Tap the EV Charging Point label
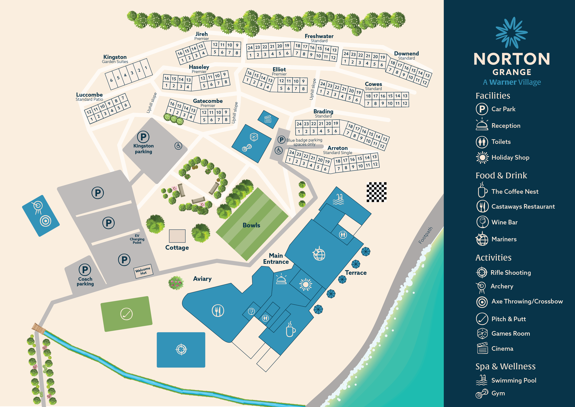[x=137, y=239]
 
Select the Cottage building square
[x=177, y=236]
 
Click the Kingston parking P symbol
[x=143, y=137]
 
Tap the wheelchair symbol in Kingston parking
[x=178, y=146]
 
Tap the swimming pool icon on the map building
[x=338, y=199]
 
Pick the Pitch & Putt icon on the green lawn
[x=127, y=314]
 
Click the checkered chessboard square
[x=376, y=192]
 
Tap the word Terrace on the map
[x=356, y=273]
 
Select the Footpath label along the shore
[x=426, y=235]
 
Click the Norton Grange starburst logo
[x=511, y=33]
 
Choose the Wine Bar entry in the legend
[x=504, y=222]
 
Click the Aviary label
[x=202, y=279]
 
